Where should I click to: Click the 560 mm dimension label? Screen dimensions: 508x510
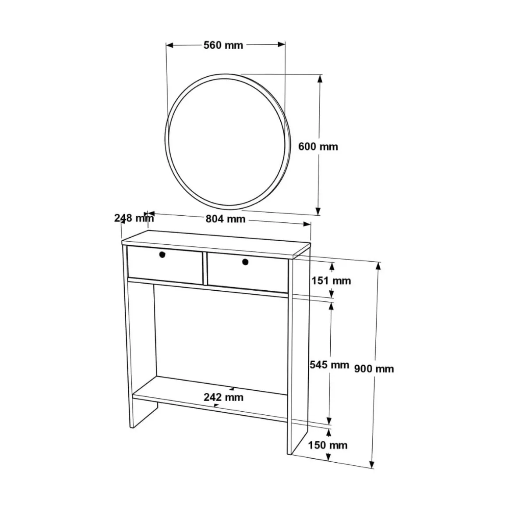(223, 45)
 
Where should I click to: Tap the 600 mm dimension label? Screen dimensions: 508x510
(318, 146)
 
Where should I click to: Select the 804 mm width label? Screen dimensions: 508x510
(226, 219)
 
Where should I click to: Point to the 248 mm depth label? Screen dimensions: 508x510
(134, 218)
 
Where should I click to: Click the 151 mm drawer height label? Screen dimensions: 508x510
(332, 280)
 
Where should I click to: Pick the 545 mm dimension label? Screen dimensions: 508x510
(329, 364)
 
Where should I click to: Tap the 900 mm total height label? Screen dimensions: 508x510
(374, 369)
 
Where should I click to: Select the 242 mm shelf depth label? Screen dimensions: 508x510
(223, 397)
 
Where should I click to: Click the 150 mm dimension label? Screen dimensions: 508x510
(328, 445)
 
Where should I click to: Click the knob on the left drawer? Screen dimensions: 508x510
(162, 254)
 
